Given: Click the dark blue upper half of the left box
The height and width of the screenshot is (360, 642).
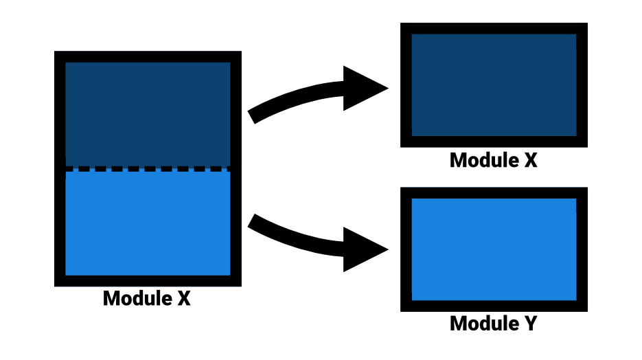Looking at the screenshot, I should click(x=148, y=113).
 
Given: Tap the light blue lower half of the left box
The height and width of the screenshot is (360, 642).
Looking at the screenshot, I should click(x=148, y=223).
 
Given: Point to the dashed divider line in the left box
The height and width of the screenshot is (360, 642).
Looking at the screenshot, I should click(x=148, y=169).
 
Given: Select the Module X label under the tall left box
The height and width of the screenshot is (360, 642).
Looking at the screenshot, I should click(x=146, y=299).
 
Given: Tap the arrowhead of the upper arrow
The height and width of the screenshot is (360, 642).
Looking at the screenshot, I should click(x=364, y=89).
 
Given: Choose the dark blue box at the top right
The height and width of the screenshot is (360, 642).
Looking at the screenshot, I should click(x=494, y=85).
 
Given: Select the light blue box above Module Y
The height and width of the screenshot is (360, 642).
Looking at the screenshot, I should click(x=494, y=249).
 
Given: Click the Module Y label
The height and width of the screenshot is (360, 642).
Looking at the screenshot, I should click(x=493, y=323).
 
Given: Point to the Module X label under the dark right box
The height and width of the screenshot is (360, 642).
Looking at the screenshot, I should click(x=493, y=160).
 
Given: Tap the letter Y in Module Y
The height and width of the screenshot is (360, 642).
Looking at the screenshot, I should click(x=529, y=323).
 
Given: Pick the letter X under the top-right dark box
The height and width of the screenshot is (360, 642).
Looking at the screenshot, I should click(x=529, y=160).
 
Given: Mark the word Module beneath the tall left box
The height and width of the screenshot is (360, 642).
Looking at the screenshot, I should click(x=135, y=299).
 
